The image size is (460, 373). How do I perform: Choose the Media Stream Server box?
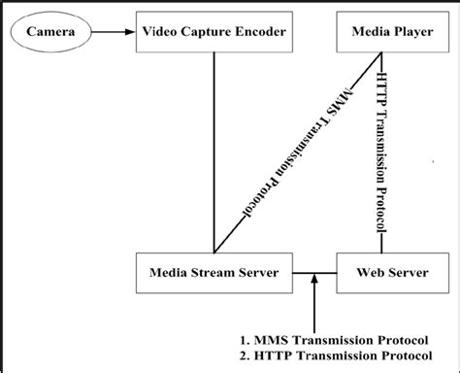pyautogui.click(x=214, y=273)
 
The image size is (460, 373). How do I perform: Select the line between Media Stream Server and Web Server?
pyautogui.click(x=315, y=273)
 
